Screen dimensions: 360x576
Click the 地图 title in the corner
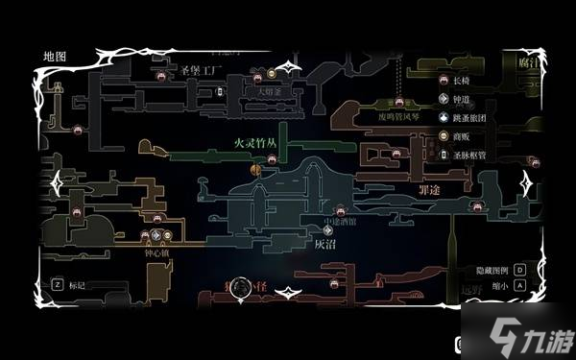54,57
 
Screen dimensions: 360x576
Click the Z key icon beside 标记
57,284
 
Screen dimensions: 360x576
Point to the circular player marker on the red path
240,285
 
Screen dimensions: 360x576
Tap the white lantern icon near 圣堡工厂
220,92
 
